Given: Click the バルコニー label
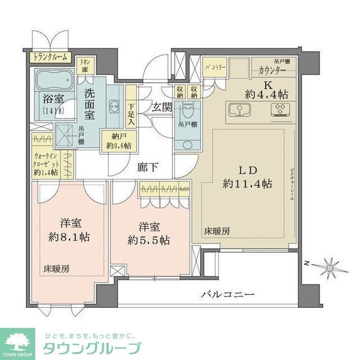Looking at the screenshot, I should [227, 295].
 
